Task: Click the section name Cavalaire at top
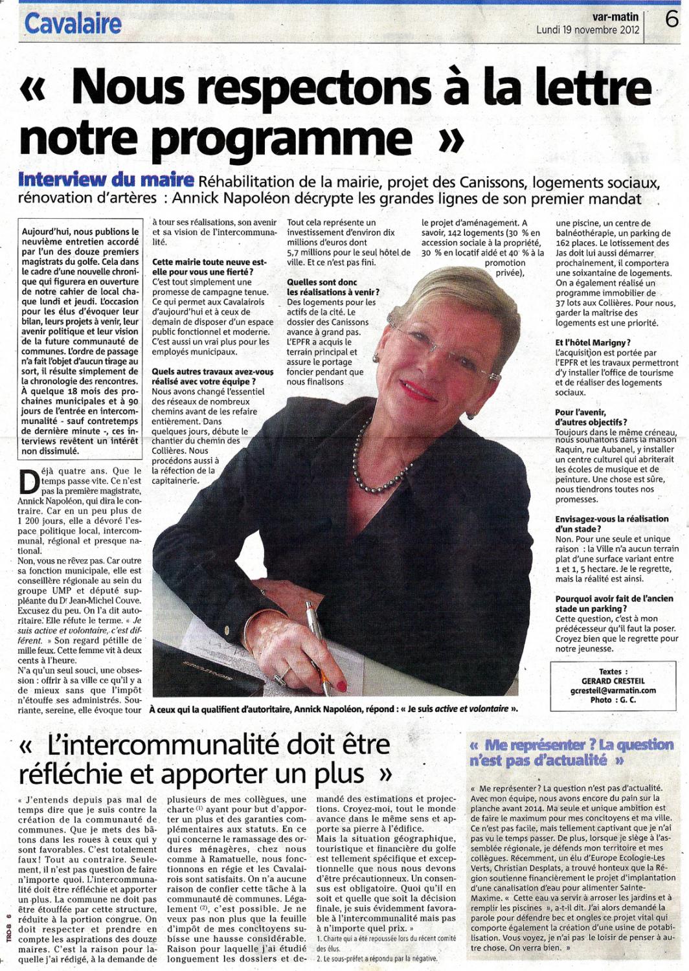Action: click(73, 24)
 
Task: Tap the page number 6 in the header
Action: click(672, 20)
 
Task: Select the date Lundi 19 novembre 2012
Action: click(587, 30)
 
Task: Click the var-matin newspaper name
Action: click(615, 17)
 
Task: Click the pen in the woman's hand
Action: click(318, 641)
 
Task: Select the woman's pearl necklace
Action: click(376, 466)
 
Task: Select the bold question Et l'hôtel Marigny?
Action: click(593, 342)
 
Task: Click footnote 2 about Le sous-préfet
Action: click(377, 958)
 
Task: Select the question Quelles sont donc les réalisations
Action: click(333, 287)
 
